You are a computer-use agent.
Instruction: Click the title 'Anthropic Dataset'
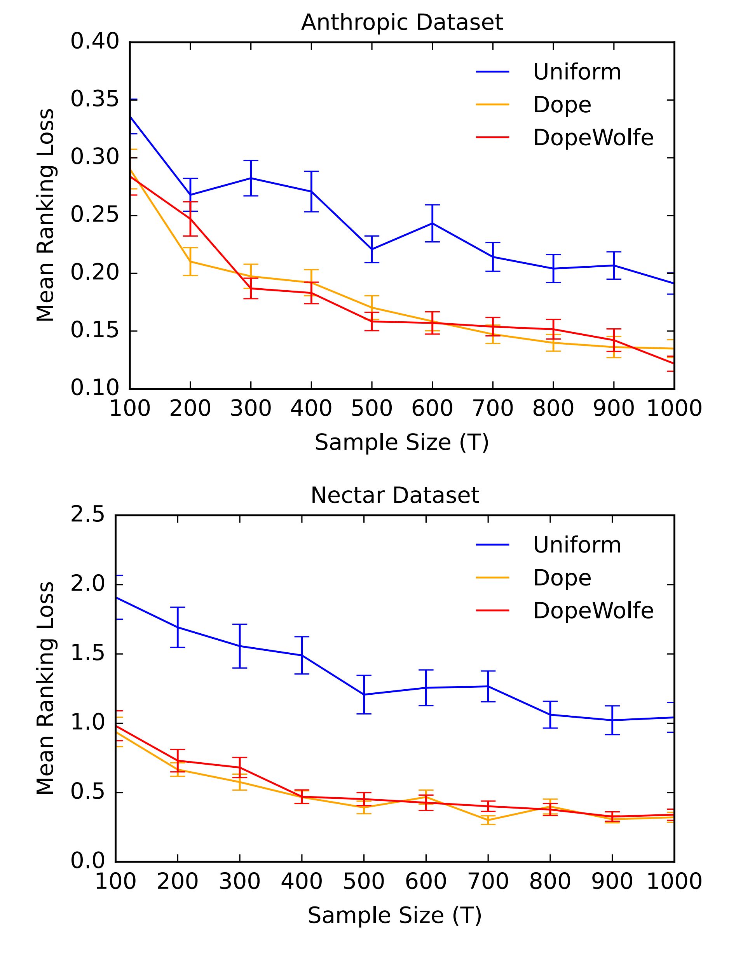(402, 23)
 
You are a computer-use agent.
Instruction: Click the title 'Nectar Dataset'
(395, 495)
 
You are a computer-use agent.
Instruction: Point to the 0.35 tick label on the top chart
(95, 99)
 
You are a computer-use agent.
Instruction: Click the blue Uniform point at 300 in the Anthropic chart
(251, 178)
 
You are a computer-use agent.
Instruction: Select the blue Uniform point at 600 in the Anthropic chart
(432, 223)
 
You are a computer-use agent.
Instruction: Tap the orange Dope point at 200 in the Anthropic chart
(190, 261)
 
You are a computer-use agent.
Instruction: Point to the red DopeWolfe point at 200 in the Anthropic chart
(190, 218)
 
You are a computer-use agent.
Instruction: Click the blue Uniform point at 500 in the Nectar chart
(364, 695)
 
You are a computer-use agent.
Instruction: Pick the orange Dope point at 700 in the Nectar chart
(488, 820)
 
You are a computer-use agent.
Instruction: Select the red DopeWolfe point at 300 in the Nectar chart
(240, 767)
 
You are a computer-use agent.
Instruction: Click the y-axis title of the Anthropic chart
(45, 215)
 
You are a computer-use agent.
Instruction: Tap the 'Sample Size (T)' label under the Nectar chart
(395, 915)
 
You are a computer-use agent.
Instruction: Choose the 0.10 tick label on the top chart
(95, 388)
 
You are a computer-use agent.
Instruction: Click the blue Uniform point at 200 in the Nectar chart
(178, 627)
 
